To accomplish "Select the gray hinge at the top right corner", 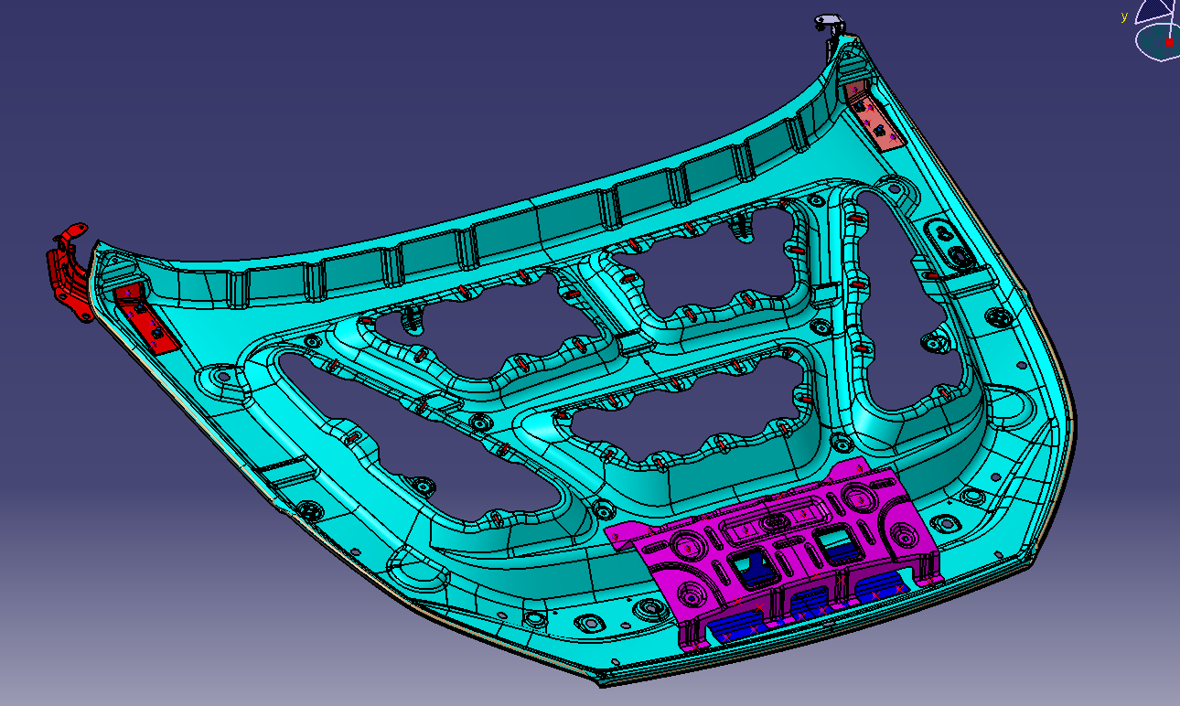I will coord(829,21).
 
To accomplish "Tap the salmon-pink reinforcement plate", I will coord(874,114).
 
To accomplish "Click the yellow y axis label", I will coord(1124,16).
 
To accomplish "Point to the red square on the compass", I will coord(1169,42).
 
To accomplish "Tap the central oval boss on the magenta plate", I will coord(776,521).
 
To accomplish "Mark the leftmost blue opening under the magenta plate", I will coord(736,626).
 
